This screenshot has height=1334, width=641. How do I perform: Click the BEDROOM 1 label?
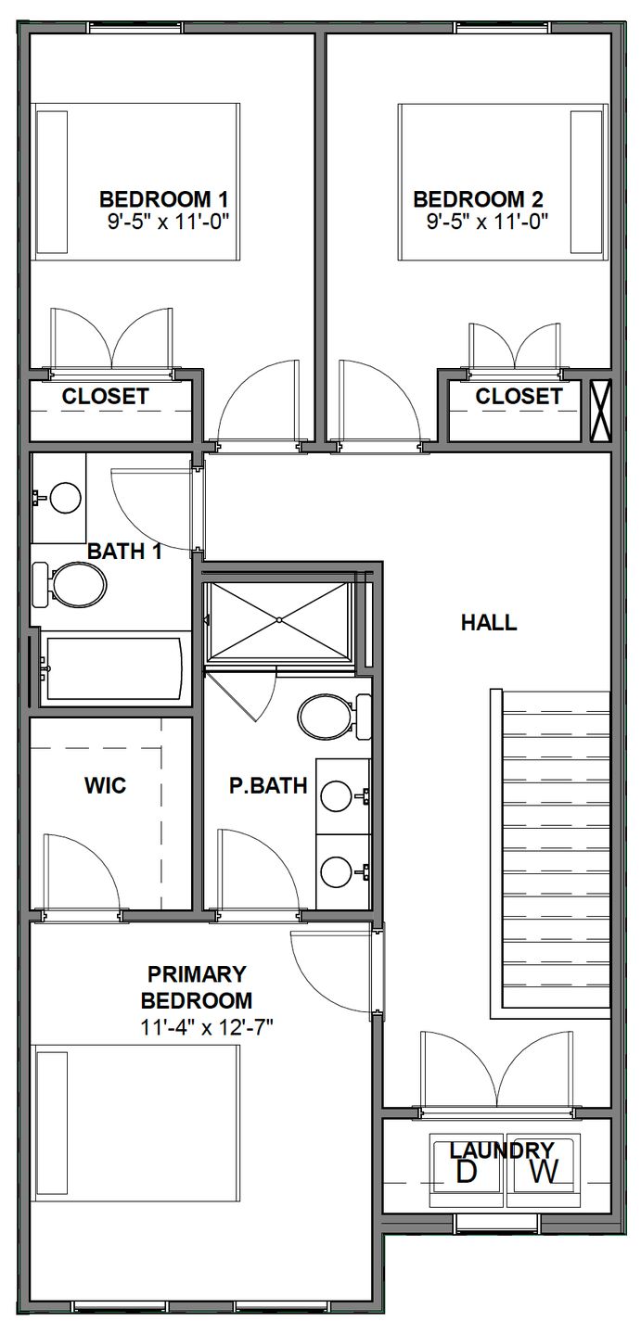163,198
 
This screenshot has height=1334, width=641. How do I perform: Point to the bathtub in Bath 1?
112,668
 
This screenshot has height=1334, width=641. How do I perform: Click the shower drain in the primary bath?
278,619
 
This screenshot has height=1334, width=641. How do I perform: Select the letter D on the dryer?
467,1172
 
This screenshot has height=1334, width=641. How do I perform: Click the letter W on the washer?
545,1172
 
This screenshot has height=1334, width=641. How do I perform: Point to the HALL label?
489,623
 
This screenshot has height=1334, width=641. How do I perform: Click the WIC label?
105,787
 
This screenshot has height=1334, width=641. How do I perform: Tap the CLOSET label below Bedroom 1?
105,397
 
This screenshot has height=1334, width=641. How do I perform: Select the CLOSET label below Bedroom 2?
519,397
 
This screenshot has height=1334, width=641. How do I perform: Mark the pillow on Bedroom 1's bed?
52,182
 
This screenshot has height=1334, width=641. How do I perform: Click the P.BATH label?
269,786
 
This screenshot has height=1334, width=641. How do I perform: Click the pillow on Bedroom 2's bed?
586,182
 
